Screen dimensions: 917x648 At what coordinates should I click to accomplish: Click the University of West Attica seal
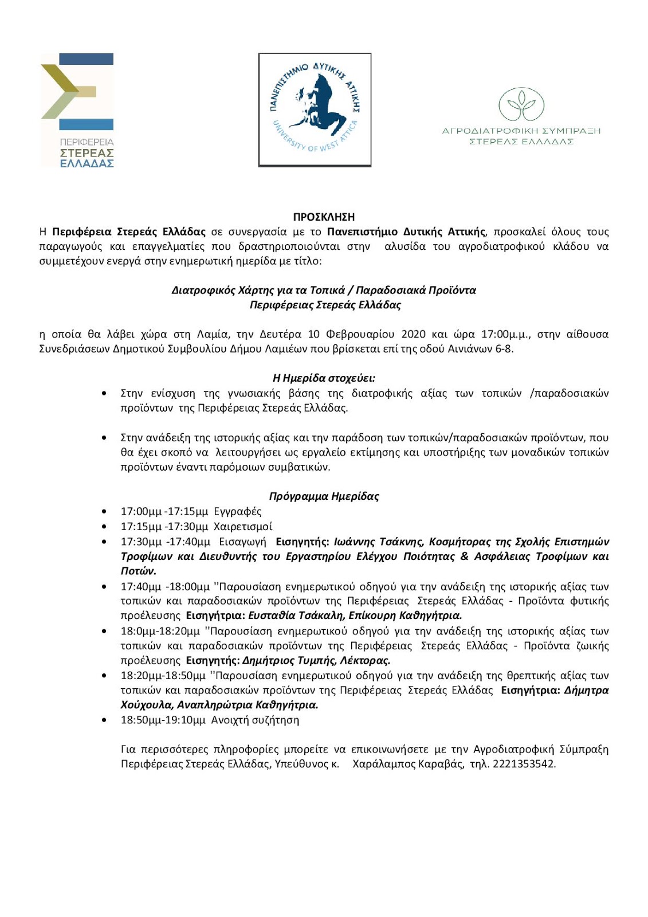tap(315, 109)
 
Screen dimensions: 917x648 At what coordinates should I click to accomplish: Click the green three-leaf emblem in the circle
tap(521, 104)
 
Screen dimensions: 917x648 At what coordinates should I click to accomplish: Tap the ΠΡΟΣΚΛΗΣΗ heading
tap(324, 217)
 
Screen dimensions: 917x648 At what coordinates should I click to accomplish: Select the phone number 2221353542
tap(524, 764)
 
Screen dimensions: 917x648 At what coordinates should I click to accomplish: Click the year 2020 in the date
tap(413, 334)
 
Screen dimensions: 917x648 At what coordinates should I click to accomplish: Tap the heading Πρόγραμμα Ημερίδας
tap(324, 496)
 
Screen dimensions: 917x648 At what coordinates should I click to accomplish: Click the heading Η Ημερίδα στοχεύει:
tap(324, 378)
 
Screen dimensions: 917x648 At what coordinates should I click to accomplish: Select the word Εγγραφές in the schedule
tap(237, 511)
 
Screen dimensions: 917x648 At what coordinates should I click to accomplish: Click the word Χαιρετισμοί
tap(243, 526)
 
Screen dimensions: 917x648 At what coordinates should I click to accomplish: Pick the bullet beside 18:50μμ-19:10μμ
tap(104, 720)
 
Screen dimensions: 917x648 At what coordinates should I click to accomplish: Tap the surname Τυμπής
tap(316, 660)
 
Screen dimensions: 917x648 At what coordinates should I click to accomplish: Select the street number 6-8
tap(503, 349)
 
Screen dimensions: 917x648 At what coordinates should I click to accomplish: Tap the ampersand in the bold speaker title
tap(465, 557)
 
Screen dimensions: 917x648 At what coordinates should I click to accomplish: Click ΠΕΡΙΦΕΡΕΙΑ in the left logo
tap(87, 142)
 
